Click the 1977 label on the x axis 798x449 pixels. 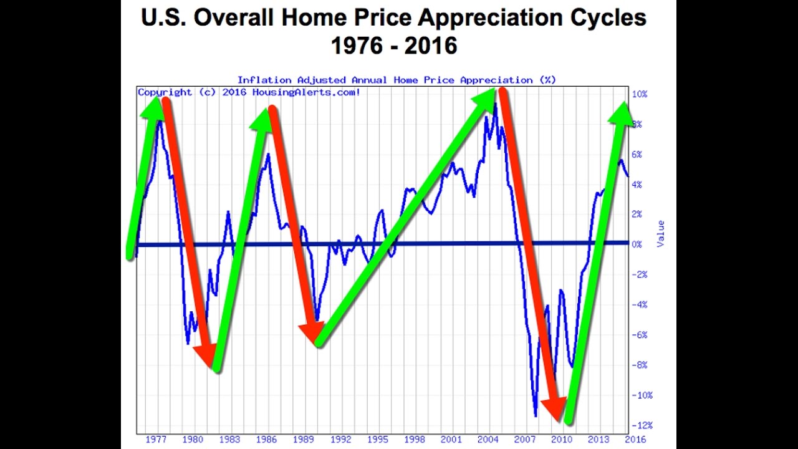tap(156, 440)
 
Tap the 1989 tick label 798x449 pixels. tap(304, 440)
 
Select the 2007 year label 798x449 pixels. tap(525, 440)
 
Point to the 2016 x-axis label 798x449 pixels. tap(635, 440)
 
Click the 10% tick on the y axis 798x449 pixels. tap(640, 94)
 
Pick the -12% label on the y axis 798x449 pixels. tap(641, 425)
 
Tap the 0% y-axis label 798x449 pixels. tap(637, 244)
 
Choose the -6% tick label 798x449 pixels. tap(640, 335)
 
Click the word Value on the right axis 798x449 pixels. tap(661, 233)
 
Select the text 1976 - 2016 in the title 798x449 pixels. tap(394, 46)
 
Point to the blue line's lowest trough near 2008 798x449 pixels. tap(536, 415)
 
